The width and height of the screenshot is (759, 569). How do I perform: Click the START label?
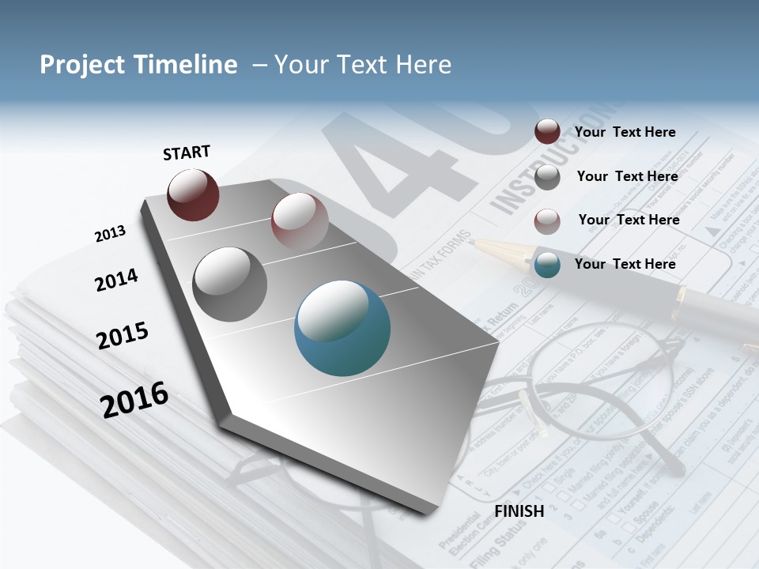coord(187,153)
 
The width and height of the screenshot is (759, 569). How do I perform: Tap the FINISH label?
coord(519,511)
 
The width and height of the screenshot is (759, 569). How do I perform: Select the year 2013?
coord(110,234)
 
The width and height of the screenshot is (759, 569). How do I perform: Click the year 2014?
coord(116,280)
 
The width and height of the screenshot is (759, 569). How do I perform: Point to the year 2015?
coord(123,336)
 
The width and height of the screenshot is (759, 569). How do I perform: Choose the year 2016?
coord(134,400)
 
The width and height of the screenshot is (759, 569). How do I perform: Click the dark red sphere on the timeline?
coord(193,194)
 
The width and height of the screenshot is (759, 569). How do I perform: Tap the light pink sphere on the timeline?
coord(300,219)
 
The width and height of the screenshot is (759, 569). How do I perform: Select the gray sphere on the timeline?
coord(230,284)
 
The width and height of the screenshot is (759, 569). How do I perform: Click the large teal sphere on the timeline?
coord(342,328)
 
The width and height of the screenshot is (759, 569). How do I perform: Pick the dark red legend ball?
coord(547,132)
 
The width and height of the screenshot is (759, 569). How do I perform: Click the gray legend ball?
coord(547,177)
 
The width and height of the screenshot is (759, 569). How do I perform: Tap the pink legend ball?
coord(547,221)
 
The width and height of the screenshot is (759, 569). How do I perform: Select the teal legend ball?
coord(547,265)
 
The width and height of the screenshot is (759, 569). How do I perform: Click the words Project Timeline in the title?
coord(138,65)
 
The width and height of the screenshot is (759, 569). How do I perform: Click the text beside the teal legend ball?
coord(625,264)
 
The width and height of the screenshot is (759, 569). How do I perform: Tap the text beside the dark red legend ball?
coord(625,132)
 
